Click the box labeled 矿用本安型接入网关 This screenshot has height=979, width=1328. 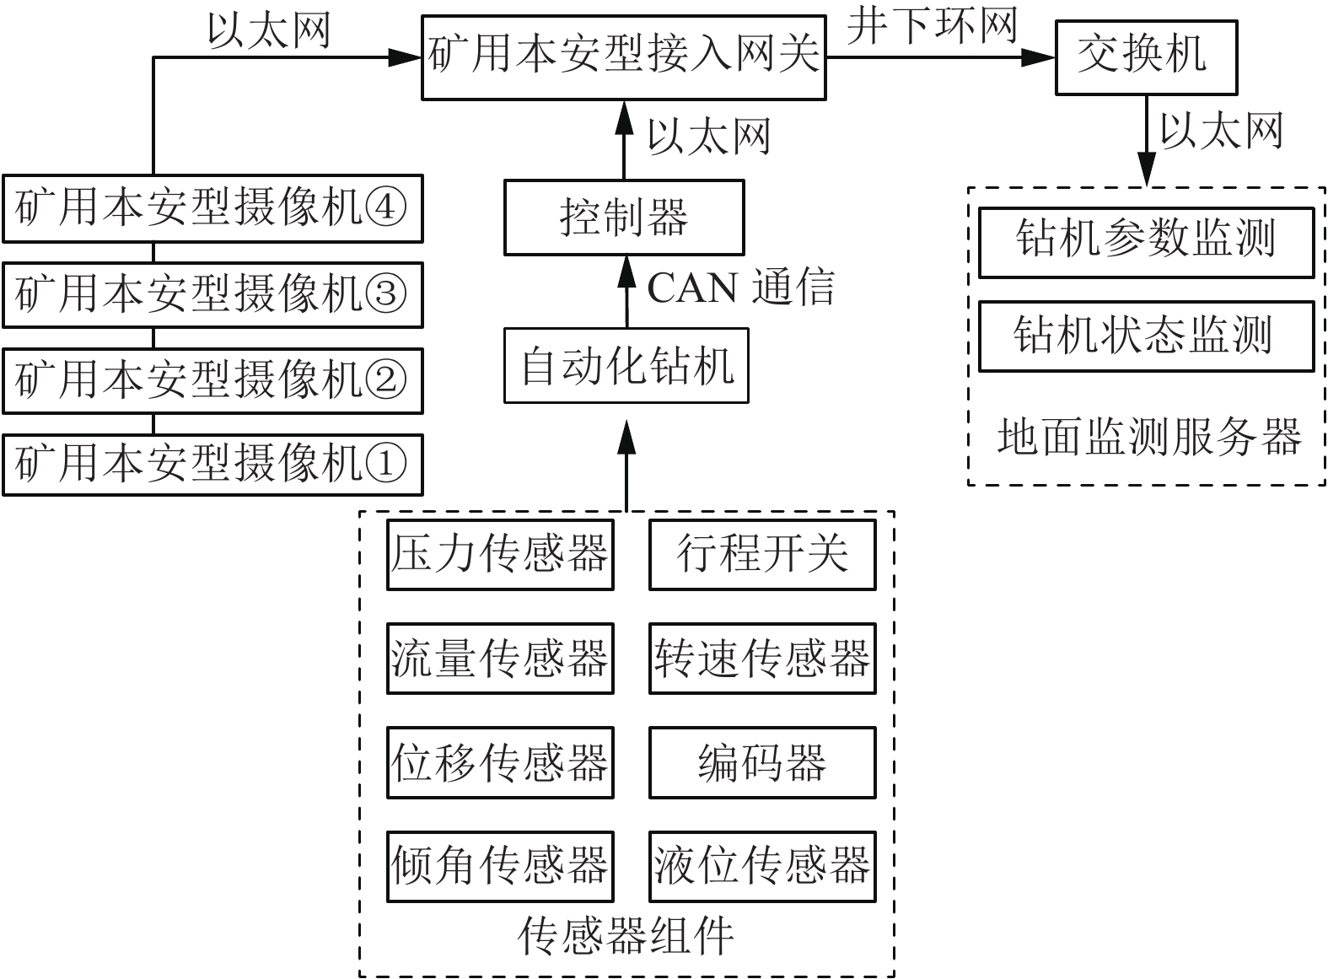624,56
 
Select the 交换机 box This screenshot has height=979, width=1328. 1145,56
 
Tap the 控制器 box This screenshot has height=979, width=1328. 624,217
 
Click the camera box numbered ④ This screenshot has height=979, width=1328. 212,207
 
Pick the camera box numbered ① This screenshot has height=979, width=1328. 212,464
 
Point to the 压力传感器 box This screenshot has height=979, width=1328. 500,555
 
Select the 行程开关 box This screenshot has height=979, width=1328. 762,555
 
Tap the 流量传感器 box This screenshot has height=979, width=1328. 500,659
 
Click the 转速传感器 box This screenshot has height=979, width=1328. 762,659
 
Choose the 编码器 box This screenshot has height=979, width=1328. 762,762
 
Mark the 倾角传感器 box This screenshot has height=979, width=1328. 500,866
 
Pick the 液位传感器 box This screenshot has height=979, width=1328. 762,866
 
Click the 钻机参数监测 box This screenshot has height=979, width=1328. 1146,242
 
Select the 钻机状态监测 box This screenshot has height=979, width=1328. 1146,336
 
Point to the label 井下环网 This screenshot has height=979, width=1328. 933,25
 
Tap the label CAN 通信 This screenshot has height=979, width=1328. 740,287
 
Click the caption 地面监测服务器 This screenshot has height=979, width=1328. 1148,437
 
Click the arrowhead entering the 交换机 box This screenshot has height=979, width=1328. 1040,57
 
